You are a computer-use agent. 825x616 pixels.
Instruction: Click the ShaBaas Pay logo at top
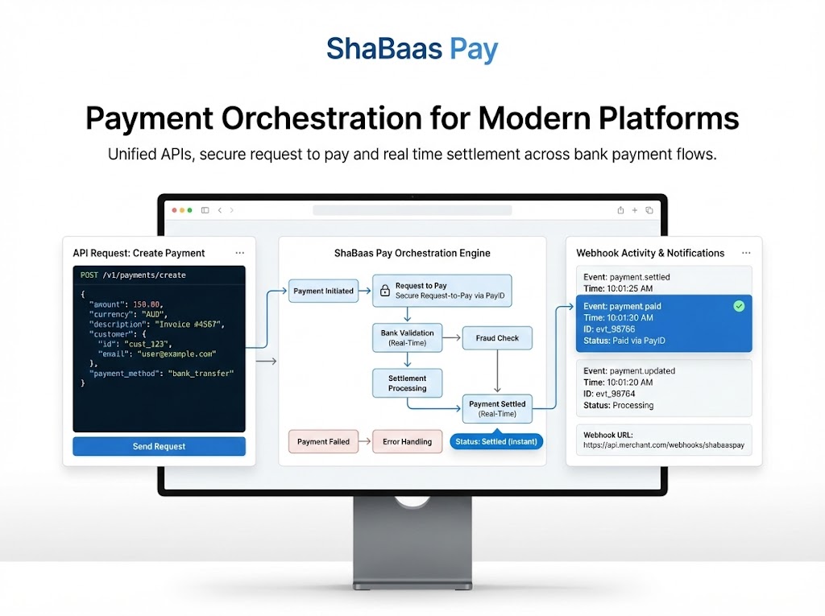(x=412, y=49)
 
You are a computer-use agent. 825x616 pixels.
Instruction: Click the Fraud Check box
(x=497, y=338)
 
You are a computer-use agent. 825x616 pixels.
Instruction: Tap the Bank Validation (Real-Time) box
(x=407, y=338)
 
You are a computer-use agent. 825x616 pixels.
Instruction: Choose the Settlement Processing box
(x=407, y=382)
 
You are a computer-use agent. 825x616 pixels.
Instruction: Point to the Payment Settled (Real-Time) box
(x=497, y=408)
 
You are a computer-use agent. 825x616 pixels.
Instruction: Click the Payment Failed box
(x=323, y=441)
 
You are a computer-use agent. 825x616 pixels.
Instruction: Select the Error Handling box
(x=407, y=441)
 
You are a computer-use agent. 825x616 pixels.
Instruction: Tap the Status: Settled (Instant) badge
(x=496, y=441)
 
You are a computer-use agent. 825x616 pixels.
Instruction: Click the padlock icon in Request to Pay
(x=385, y=290)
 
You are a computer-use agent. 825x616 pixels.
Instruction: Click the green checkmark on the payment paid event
(x=739, y=306)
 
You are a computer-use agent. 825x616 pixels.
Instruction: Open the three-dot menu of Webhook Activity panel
(x=746, y=253)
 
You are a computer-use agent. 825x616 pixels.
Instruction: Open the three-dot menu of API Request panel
(x=239, y=253)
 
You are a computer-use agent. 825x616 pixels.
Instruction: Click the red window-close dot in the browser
(x=173, y=210)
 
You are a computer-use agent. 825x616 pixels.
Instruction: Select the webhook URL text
(x=652, y=444)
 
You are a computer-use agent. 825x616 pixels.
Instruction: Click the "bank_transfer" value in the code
(x=201, y=374)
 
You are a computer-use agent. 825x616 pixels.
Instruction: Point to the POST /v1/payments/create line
(x=133, y=275)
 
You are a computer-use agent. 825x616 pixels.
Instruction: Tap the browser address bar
(x=412, y=210)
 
